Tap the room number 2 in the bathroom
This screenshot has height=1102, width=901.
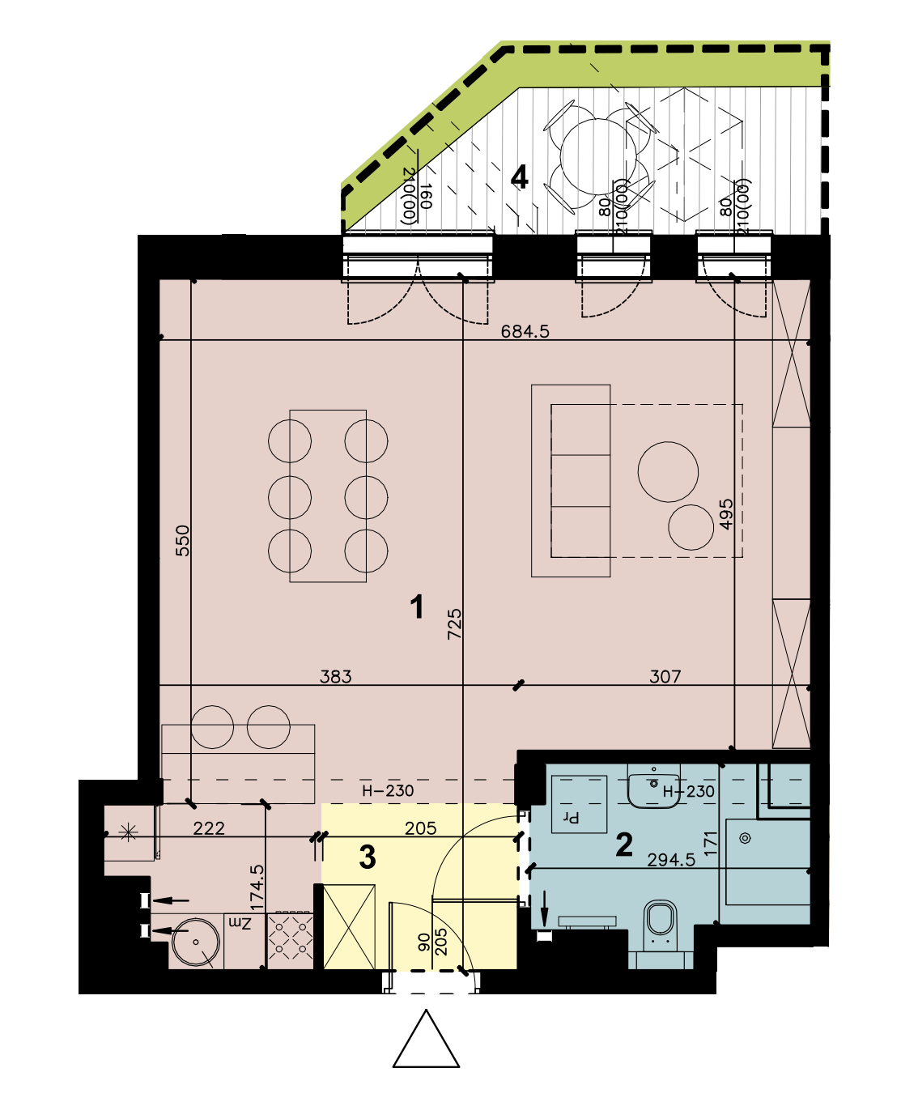[624, 845]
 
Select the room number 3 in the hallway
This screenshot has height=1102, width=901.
[368, 857]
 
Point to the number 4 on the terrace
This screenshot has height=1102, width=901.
[519, 177]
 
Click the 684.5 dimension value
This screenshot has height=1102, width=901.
[525, 331]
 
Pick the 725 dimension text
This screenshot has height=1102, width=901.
[454, 623]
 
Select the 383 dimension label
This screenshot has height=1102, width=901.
[336, 677]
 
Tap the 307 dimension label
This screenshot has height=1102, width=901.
[665, 677]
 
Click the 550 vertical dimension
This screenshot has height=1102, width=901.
[182, 541]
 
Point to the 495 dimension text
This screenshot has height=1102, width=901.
[726, 515]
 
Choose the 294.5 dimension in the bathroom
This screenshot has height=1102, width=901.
[671, 860]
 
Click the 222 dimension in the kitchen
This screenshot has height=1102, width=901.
[209, 828]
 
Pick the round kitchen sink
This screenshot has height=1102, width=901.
[196, 941]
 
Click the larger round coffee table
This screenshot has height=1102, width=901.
[668, 472]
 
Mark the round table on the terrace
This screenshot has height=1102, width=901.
[598, 156]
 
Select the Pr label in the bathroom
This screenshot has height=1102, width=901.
[572, 817]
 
